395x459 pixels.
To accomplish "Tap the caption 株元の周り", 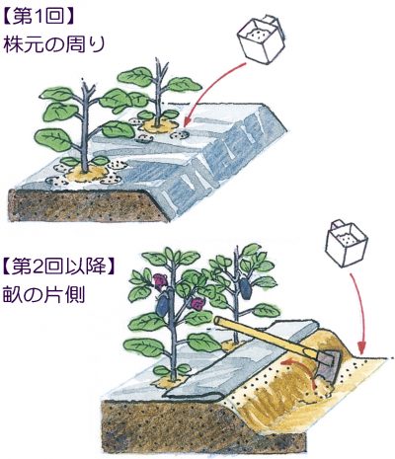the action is point(54,43).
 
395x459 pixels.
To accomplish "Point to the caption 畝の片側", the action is point(44,294).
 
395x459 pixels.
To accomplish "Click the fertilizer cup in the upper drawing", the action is point(261,38).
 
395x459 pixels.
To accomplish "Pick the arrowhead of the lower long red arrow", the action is point(362,347).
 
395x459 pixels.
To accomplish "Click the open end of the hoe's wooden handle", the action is point(216,321).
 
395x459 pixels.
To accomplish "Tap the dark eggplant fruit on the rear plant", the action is point(245,289).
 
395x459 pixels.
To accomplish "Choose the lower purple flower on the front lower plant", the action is point(197,304).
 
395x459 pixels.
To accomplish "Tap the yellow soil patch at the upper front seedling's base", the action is point(87,173).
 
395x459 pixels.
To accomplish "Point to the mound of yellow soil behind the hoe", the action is point(329,343).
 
